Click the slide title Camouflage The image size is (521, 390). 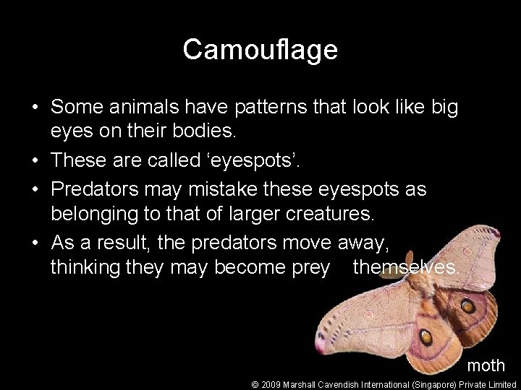tap(260, 50)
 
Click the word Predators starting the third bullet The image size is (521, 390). tap(98, 188)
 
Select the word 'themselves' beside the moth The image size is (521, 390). tap(405, 267)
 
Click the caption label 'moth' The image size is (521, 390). tap(486, 365)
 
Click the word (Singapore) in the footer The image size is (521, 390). tap(433, 385)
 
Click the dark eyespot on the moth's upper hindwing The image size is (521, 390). tap(467, 305)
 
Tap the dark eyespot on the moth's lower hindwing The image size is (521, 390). tap(427, 337)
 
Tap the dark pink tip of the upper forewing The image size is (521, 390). tap(494, 233)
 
